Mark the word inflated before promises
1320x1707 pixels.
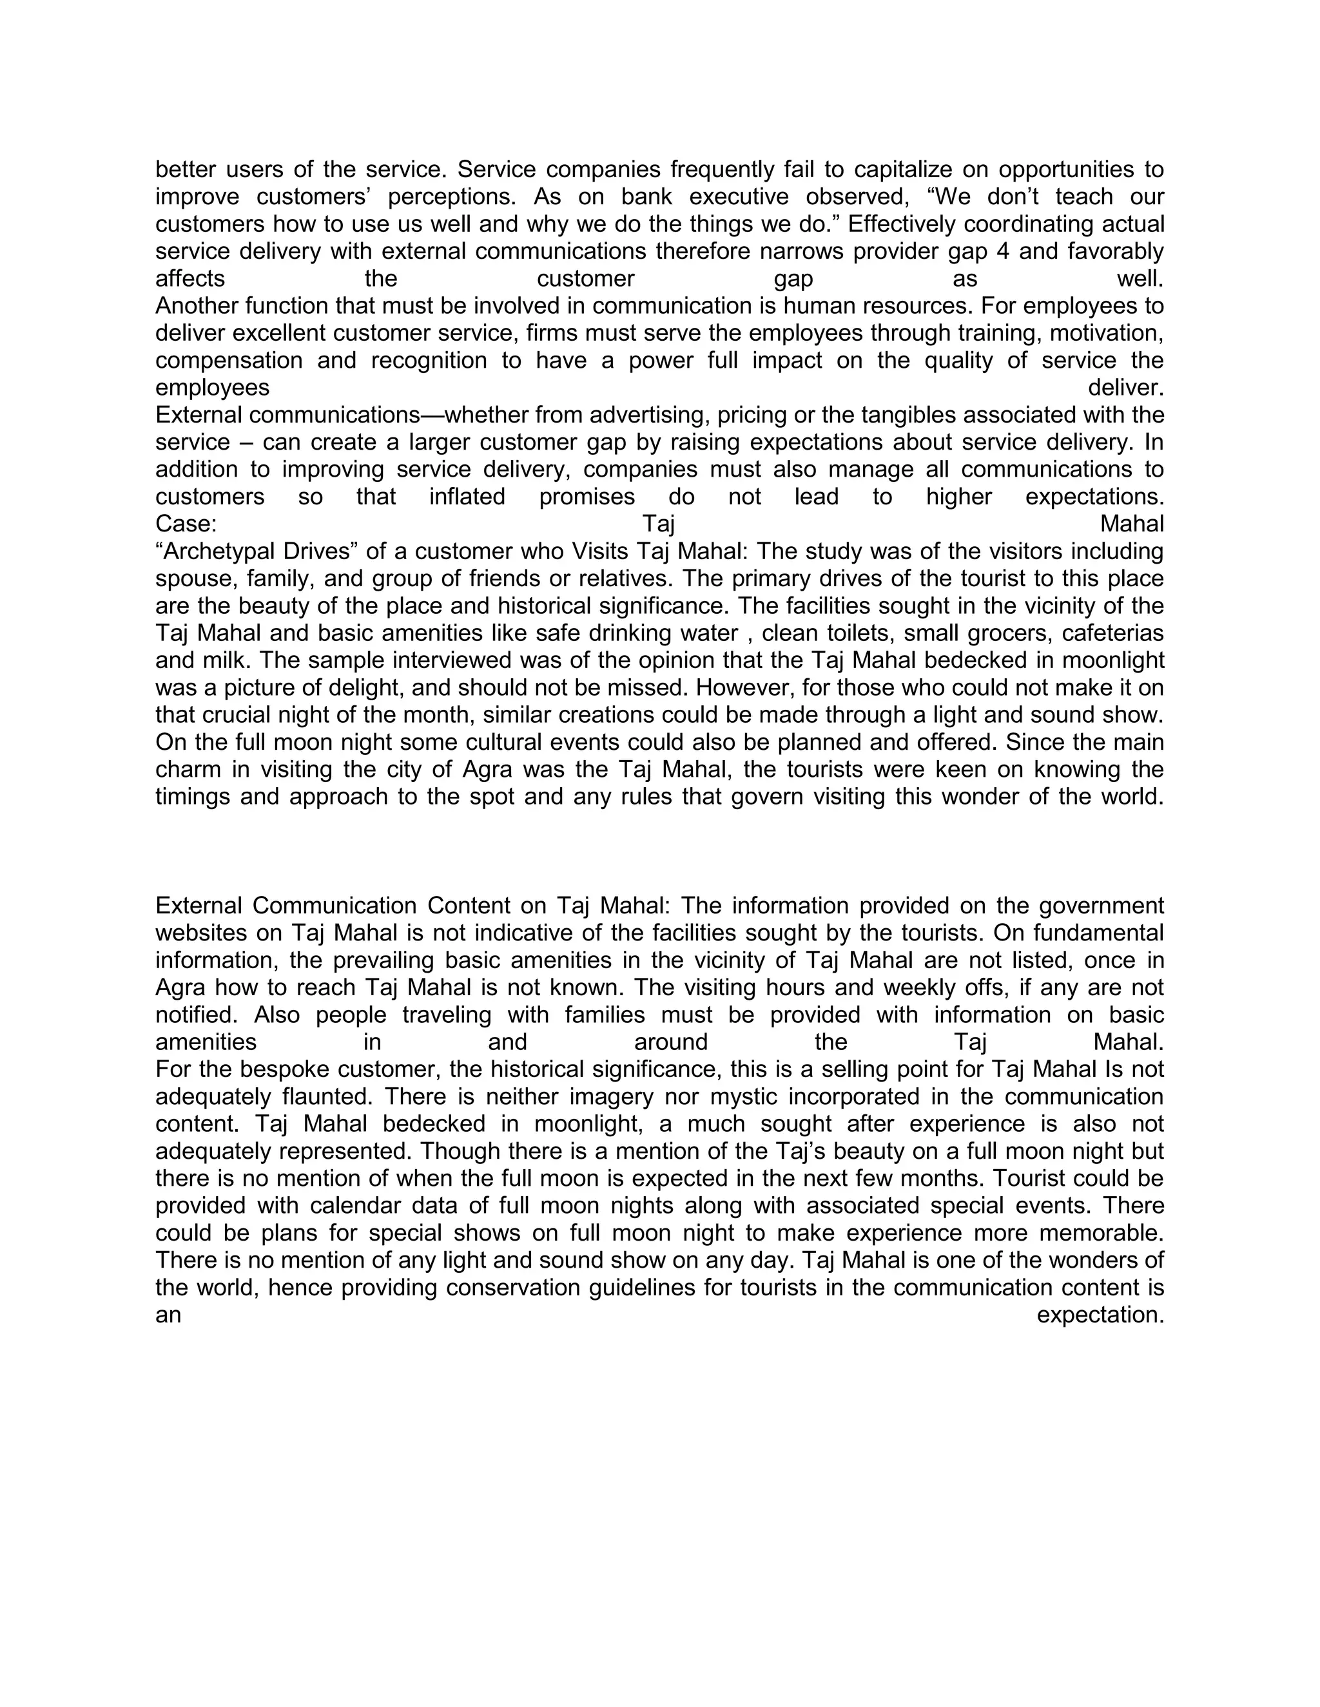click(x=467, y=497)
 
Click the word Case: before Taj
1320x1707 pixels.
click(x=186, y=524)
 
